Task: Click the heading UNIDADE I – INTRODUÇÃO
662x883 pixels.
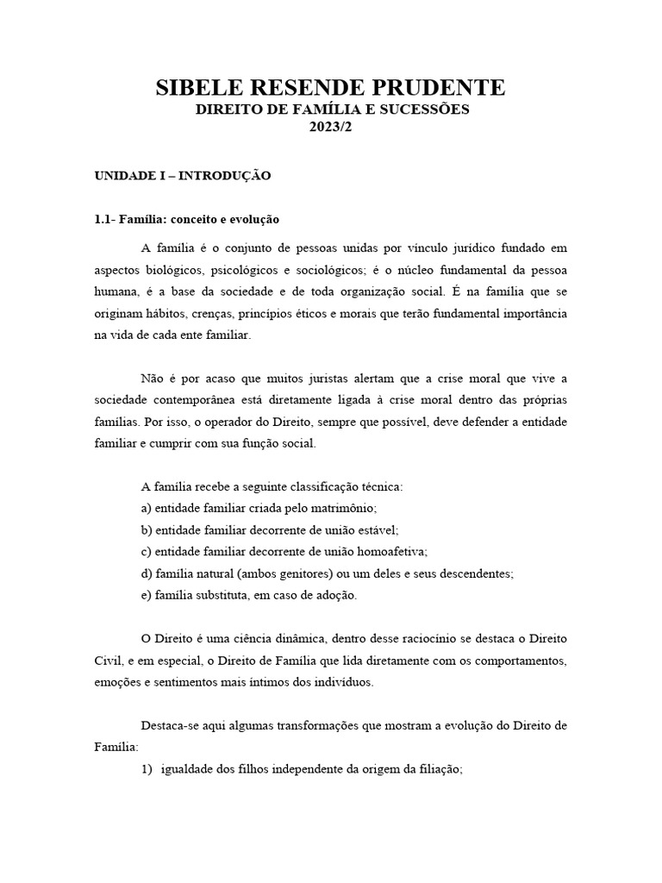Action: pos(183,176)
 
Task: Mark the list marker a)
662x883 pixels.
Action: pos(146,508)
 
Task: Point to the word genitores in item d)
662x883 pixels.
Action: pos(285,573)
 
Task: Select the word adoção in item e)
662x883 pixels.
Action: pos(334,595)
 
